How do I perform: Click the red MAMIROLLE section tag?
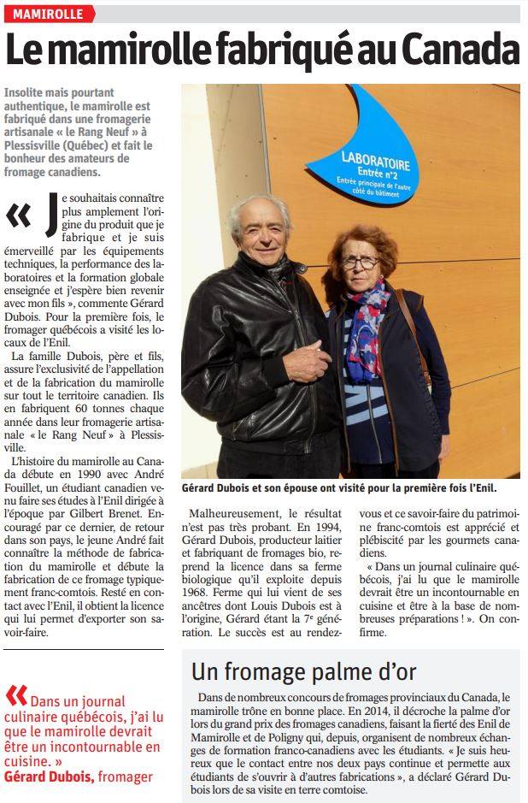click(x=48, y=14)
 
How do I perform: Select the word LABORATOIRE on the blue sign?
click(x=375, y=160)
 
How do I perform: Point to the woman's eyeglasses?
click(x=359, y=262)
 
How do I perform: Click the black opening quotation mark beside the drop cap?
click(x=18, y=217)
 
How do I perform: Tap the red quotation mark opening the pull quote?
click(x=15, y=694)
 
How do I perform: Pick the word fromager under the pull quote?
click(x=125, y=776)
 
